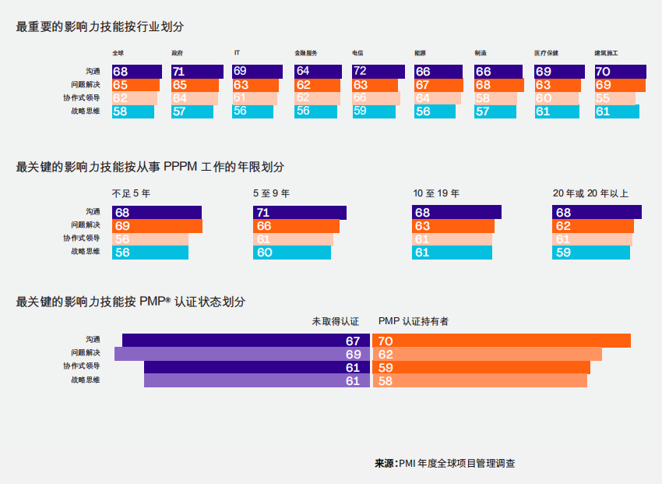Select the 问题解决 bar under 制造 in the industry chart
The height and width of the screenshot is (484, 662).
pyautogui.click(x=499, y=85)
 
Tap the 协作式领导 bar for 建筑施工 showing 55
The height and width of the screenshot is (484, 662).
pyautogui.click(x=614, y=98)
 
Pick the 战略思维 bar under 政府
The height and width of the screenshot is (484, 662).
pyautogui.click(x=192, y=111)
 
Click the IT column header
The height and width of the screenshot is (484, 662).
pyautogui.click(x=237, y=53)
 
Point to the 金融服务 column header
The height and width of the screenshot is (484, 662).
pyautogui.click(x=305, y=53)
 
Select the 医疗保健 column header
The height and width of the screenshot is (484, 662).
pyautogui.click(x=546, y=53)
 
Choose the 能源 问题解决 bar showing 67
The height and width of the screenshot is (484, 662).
pyautogui.click(x=438, y=85)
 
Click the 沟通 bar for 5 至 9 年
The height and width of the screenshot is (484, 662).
pyautogui.click(x=299, y=213)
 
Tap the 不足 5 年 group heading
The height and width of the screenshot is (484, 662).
pyautogui.click(x=131, y=193)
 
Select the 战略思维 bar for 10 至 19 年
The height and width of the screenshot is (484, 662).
pyautogui.click(x=452, y=253)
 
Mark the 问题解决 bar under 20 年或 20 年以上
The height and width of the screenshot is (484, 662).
pyautogui.click(x=593, y=226)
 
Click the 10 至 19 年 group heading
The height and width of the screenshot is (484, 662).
pyautogui.click(x=435, y=193)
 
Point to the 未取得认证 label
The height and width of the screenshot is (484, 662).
pyautogui.click(x=335, y=321)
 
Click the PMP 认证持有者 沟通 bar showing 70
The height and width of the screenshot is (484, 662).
pyautogui.click(x=501, y=341)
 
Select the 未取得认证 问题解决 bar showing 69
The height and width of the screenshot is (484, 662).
pyautogui.click(x=241, y=354)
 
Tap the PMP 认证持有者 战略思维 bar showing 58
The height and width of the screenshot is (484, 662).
pyautogui.click(x=480, y=380)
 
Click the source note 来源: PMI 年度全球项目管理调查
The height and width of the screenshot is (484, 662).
pyautogui.click(x=445, y=463)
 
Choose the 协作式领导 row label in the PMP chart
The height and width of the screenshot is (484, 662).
pyautogui.click(x=82, y=367)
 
